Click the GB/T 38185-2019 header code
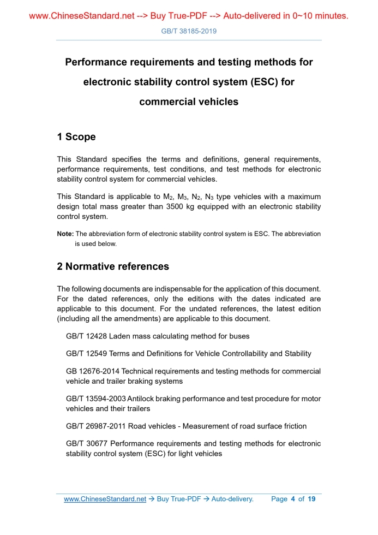(189, 31)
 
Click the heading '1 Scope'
(76, 137)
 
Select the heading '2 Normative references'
(113, 266)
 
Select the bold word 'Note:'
(65, 234)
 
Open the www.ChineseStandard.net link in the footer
(105, 499)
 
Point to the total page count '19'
(311, 499)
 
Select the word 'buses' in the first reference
(239, 336)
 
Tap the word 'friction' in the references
(293, 426)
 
